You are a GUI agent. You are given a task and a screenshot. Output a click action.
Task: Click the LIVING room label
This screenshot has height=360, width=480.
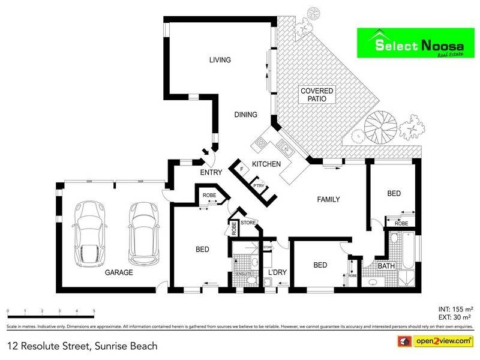(220, 59)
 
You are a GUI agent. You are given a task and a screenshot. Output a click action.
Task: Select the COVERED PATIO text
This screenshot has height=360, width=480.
(317, 94)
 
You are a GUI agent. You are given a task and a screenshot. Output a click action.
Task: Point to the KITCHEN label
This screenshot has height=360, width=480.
(266, 164)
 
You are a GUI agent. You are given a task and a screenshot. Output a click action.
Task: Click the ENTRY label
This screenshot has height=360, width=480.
(211, 173)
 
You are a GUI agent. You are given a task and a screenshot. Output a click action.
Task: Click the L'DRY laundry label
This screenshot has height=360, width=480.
(277, 272)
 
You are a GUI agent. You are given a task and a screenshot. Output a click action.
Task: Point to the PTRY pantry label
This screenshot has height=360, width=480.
(259, 185)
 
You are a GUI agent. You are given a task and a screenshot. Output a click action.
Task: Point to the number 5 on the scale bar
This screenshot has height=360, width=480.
(94, 311)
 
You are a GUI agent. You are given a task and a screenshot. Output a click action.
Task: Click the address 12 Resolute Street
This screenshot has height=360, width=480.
(82, 346)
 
